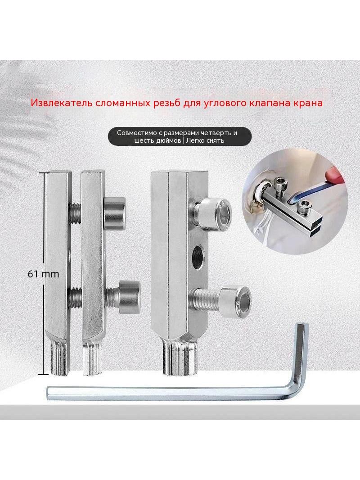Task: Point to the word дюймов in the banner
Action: tap(166, 141)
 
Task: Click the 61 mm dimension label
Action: tap(44, 274)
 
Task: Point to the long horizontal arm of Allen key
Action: tap(171, 394)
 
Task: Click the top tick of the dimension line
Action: tap(44, 172)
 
